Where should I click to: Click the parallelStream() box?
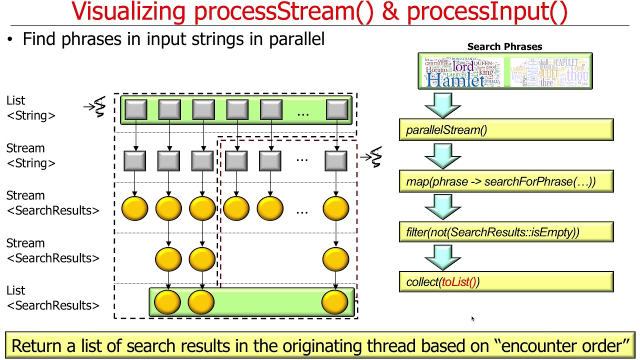pyautogui.click(x=506, y=130)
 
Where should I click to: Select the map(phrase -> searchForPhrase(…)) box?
pyautogui.click(x=506, y=181)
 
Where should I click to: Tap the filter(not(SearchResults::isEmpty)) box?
pyautogui.click(x=506, y=232)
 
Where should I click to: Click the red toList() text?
pyautogui.click(x=458, y=282)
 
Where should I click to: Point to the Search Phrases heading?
pyautogui.click(x=504, y=46)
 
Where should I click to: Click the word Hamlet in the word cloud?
pyautogui.click(x=455, y=80)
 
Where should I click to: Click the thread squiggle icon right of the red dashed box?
pyautogui.click(x=375, y=157)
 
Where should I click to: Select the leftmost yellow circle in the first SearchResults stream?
pyautogui.click(x=135, y=208)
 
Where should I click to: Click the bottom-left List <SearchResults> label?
pyautogui.click(x=52, y=298)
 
